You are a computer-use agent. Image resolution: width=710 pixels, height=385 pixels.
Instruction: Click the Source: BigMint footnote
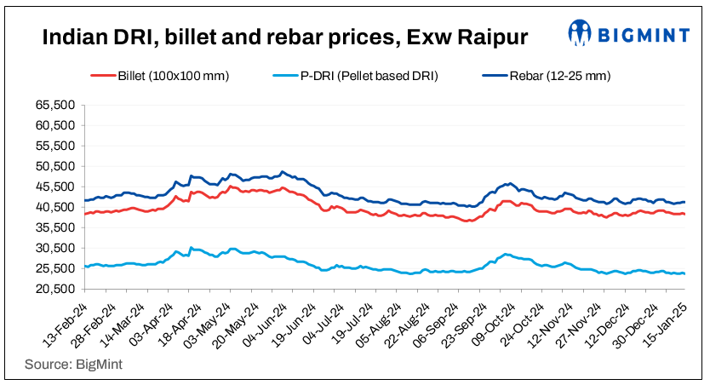66,365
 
